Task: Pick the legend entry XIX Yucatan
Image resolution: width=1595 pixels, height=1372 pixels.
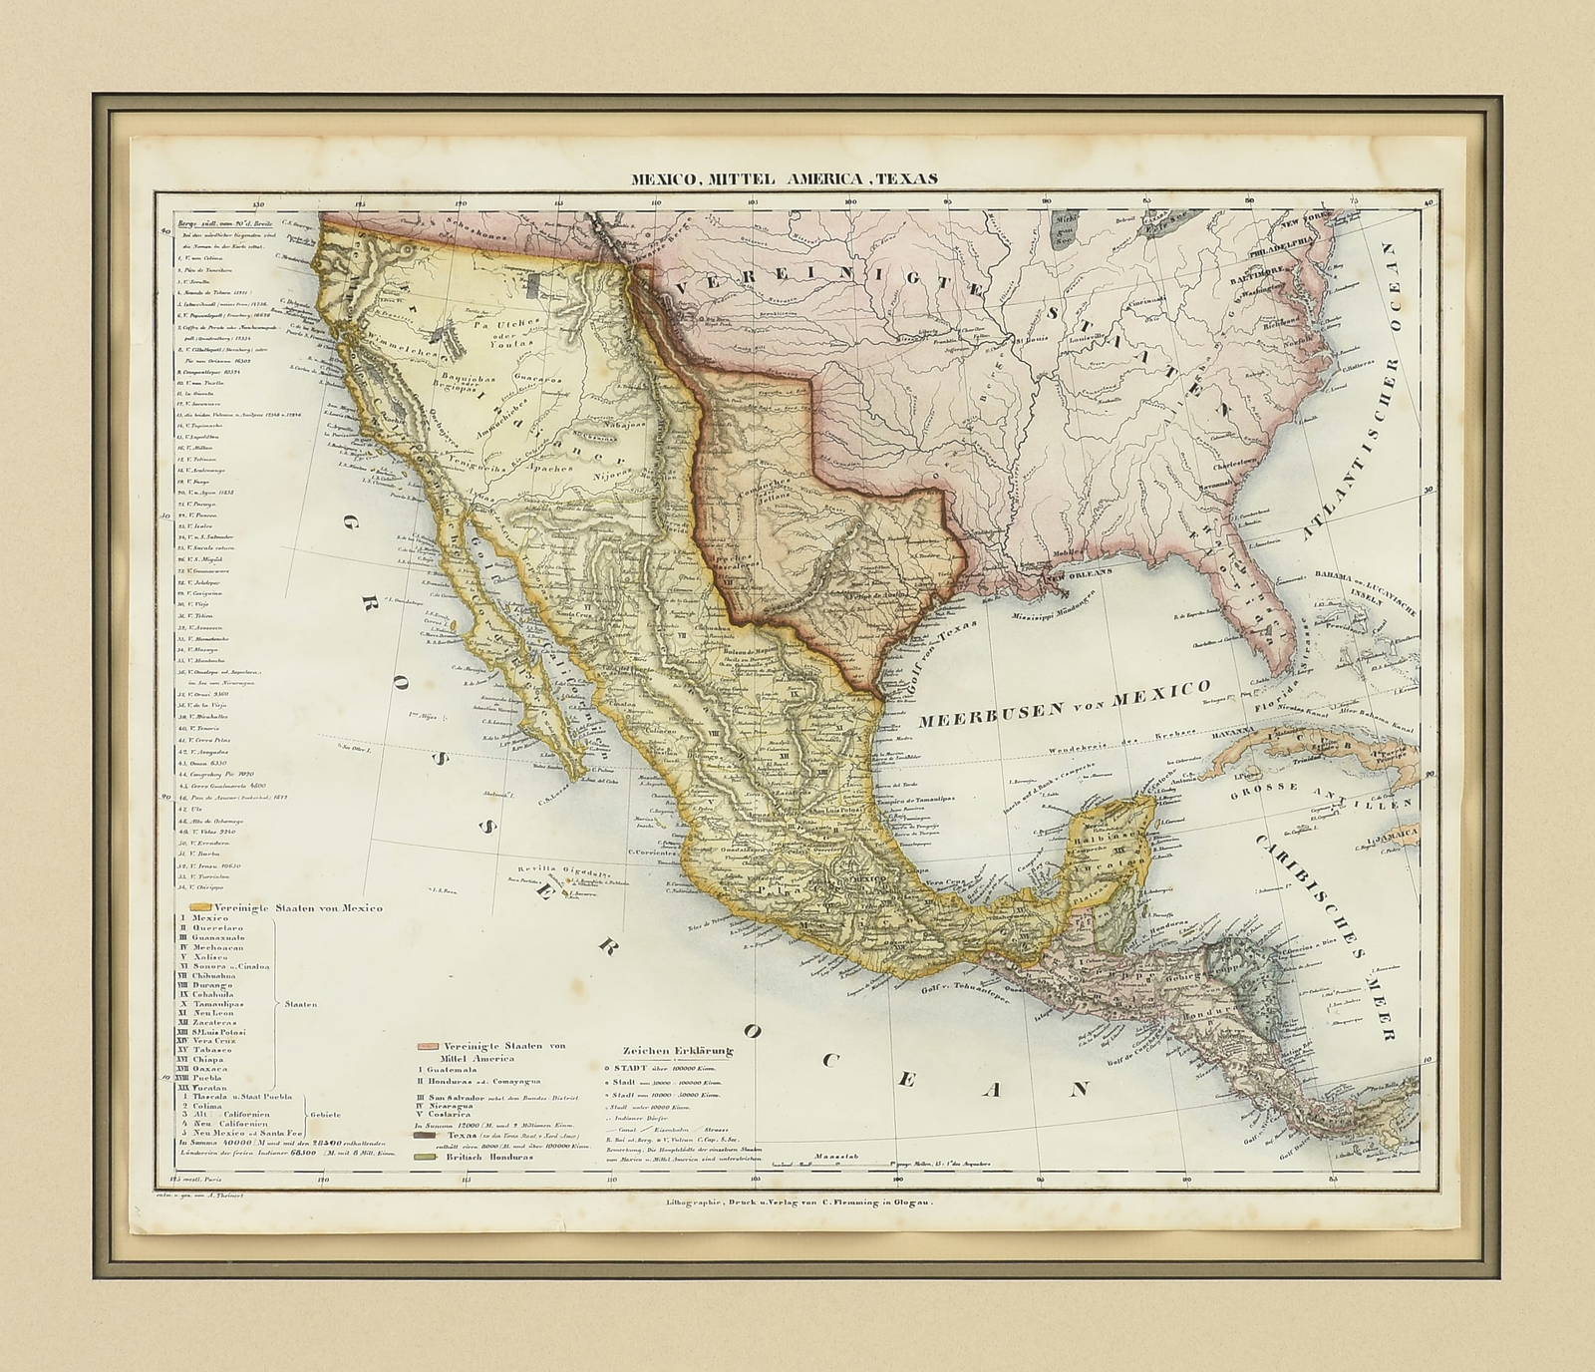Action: (x=212, y=1087)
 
